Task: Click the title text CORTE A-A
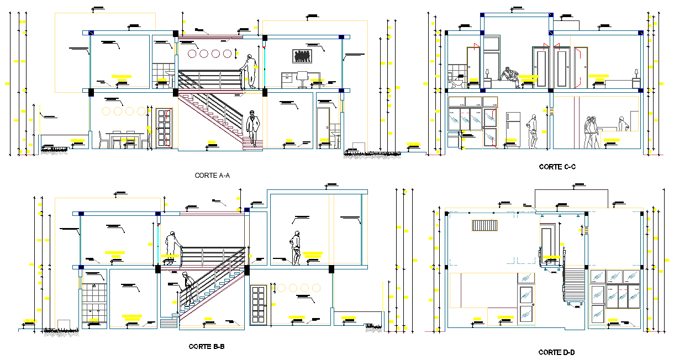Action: (x=212, y=176)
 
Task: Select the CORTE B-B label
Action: (x=206, y=347)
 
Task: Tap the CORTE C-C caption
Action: (x=557, y=166)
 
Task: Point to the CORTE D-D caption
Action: (x=557, y=352)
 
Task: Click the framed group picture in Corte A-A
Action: (x=302, y=56)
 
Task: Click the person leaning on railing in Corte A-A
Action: (x=251, y=71)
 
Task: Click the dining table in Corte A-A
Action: (x=122, y=139)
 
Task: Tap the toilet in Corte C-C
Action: (x=456, y=83)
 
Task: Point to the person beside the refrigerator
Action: (x=533, y=131)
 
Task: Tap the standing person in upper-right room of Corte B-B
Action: (x=296, y=248)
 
